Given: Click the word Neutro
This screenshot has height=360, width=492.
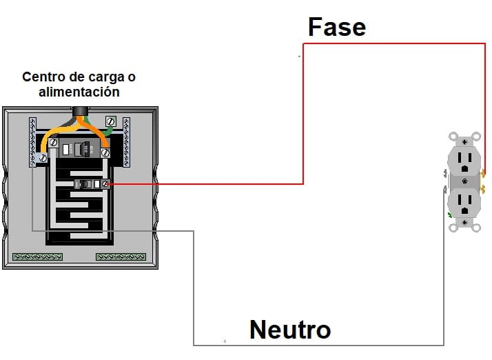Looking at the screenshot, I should pyautogui.click(x=289, y=329).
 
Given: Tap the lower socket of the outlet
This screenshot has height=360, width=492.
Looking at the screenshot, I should pyautogui.click(x=464, y=201).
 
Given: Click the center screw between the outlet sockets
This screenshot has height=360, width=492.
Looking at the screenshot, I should pyautogui.click(x=464, y=182).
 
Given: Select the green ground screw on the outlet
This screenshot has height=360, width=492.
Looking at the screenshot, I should pyautogui.click(x=450, y=216).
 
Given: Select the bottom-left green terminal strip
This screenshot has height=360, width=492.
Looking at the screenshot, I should pyautogui.click(x=37, y=257).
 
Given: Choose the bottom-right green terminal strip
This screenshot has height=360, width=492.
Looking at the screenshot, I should pyautogui.click(x=121, y=257).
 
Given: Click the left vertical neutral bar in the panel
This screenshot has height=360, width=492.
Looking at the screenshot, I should pyautogui.click(x=32, y=142).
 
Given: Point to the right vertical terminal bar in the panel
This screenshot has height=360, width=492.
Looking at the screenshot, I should pyautogui.click(x=126, y=142).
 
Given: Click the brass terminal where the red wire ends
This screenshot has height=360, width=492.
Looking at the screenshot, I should pyautogui.click(x=483, y=172).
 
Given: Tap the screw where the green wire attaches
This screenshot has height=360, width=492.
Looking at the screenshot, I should pyautogui.click(x=111, y=121).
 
